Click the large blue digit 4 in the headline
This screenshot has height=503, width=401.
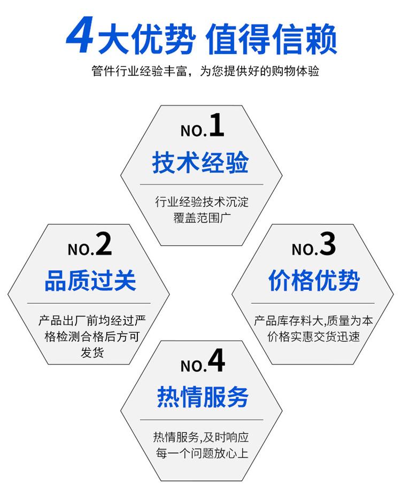(80, 36)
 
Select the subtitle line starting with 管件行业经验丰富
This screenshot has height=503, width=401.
(205, 71)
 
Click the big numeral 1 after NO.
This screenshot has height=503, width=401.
(217, 126)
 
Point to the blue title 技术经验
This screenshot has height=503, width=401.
(200, 162)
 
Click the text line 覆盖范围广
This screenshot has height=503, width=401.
(202, 218)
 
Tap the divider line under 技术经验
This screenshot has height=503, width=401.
(202, 184)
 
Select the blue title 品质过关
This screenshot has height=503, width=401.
(90, 281)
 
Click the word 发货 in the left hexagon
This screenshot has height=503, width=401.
(92, 353)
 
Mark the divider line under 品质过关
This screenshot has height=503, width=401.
(89, 303)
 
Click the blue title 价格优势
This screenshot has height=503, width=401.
(314, 281)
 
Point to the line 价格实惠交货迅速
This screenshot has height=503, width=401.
(313, 337)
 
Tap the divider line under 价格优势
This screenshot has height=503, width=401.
(313, 303)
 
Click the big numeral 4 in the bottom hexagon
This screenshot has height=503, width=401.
(216, 361)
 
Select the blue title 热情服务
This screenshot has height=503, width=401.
(203, 397)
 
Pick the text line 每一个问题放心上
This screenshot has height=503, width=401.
(202, 453)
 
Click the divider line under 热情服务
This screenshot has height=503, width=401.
(202, 420)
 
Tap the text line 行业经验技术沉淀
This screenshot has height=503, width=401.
(202, 202)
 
